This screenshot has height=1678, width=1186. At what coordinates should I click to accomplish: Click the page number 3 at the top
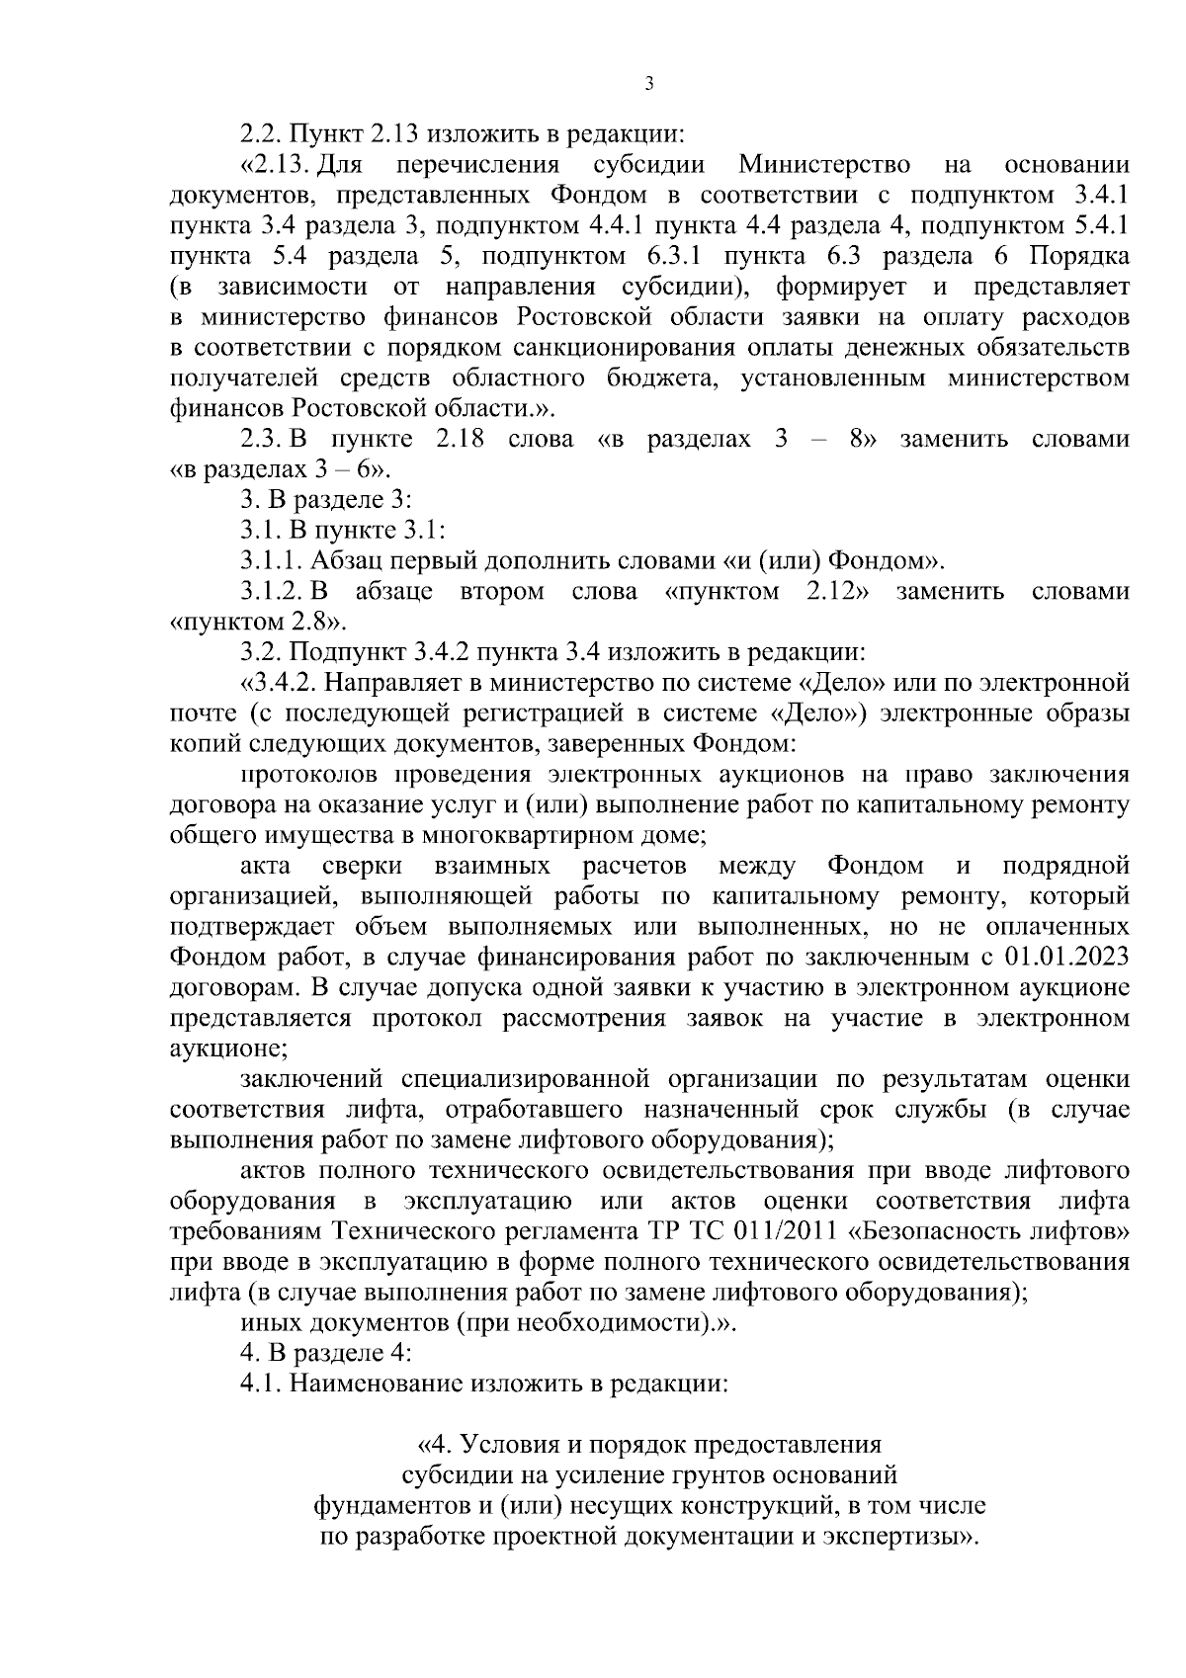click(648, 84)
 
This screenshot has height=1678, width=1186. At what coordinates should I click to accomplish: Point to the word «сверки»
click(362, 866)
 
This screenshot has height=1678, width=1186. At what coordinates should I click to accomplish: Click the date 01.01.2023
click(1067, 957)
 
